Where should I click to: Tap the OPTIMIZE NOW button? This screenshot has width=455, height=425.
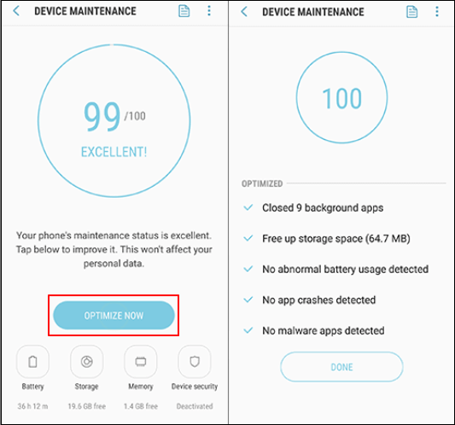[x=114, y=315]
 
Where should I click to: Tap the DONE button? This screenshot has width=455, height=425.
[x=341, y=367]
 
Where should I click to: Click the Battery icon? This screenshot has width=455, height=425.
[x=32, y=362]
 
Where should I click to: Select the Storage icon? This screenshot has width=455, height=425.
[x=87, y=362]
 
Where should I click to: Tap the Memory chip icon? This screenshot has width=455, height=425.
[x=141, y=362]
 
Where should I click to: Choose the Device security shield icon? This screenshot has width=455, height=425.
[x=195, y=362]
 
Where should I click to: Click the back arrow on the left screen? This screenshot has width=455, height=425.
[x=16, y=11]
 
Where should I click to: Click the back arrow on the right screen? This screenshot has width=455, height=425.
[x=244, y=12]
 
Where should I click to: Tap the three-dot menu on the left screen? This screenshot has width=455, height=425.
[x=209, y=11]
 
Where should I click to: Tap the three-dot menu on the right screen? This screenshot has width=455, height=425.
[x=437, y=12]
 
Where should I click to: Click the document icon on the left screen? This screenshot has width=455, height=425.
[x=184, y=11]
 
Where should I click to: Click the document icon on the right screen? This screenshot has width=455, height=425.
[x=411, y=12]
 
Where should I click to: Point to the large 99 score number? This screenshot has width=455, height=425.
[x=102, y=116]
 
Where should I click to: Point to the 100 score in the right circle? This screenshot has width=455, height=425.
[x=342, y=99]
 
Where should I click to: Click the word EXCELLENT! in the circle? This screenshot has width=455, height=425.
[x=114, y=152]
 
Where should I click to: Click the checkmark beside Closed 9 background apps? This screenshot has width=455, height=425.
[x=248, y=207]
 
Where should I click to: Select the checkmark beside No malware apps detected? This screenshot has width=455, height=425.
[x=248, y=330]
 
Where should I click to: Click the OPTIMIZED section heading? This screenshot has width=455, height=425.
[x=262, y=183]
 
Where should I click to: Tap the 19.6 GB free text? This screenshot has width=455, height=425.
[x=87, y=406]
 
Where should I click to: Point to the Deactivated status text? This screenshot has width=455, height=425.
[x=195, y=406]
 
